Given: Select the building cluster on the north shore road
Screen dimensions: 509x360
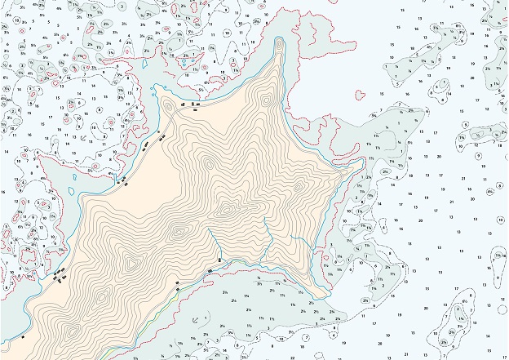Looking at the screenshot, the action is coord(193,106).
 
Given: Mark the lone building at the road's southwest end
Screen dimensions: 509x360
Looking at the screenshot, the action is coord(24,336).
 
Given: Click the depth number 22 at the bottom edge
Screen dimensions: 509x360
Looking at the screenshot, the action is coord(291,357).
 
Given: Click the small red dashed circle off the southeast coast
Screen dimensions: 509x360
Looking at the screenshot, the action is coord(325,264).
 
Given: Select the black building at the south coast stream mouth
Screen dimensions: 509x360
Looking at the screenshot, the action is coord(210,270).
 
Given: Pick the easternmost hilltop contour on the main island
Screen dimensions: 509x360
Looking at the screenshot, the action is coord(298,187).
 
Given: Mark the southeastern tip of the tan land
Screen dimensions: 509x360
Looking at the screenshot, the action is coord(325,297).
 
